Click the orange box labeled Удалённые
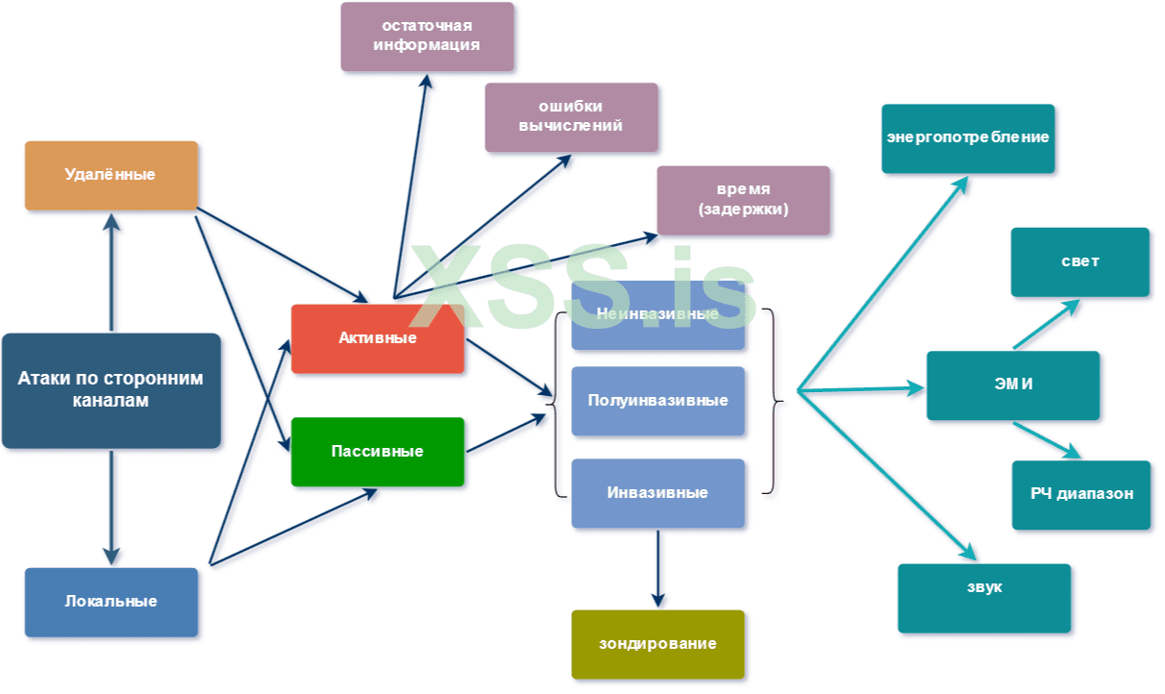[111, 175]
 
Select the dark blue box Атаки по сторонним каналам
[111, 390]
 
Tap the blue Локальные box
[111, 602]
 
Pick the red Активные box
[377, 338]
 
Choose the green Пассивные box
[377, 451]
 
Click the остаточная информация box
[427, 37]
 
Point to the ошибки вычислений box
[571, 117]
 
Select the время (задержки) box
[743, 200]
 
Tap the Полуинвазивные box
[657, 401]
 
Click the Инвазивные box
[657, 493]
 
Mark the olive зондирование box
[657, 644]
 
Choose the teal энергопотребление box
[968, 138]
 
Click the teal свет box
[1079, 261]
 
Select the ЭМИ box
[1012, 384]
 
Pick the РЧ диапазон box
[1080, 494]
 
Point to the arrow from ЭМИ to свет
[1046, 325]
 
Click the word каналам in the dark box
[111, 402]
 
